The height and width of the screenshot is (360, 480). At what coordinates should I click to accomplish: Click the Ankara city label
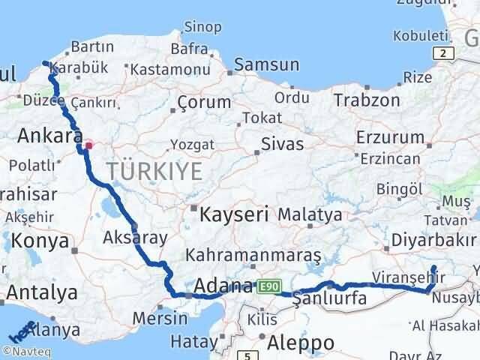(49, 136)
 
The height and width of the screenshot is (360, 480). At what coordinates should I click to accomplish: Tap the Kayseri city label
(235, 214)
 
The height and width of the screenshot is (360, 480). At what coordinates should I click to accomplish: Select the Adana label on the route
(223, 286)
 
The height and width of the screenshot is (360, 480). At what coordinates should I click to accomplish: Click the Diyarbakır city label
(433, 241)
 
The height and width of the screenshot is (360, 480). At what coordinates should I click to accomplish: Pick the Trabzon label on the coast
(366, 100)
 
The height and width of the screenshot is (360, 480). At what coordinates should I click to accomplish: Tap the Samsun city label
(262, 65)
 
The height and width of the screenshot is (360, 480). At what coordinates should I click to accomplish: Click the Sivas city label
(282, 143)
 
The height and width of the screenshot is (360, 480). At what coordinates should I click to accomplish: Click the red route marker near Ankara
(88, 145)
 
